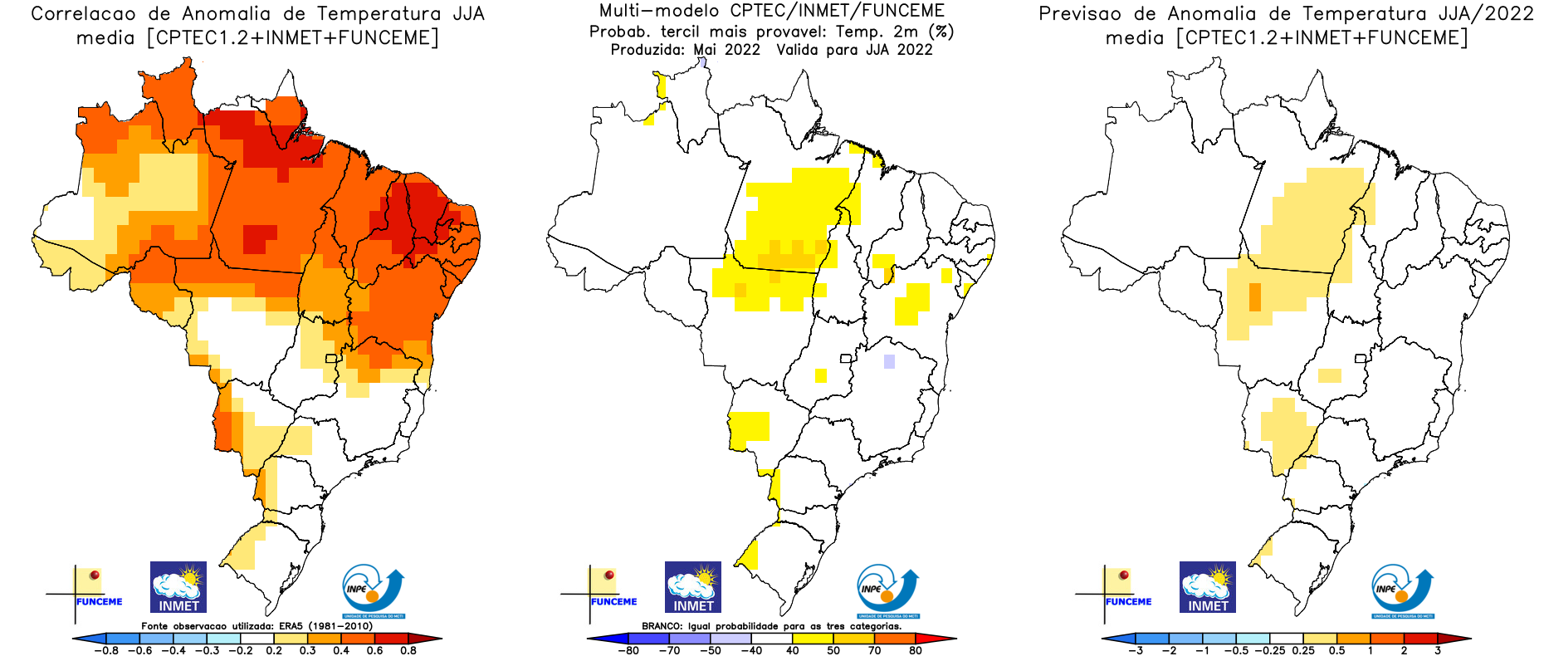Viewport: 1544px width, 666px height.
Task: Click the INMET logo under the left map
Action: tap(178, 587)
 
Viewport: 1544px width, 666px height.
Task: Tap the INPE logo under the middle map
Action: tap(887, 591)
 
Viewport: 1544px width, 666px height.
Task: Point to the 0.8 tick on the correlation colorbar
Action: tap(408, 650)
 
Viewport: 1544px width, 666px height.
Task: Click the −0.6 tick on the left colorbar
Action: tap(140, 650)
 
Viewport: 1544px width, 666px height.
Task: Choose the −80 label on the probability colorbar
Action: tap(628, 650)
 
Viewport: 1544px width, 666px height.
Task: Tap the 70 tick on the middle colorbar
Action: tap(875, 650)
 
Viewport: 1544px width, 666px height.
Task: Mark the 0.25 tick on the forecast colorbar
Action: tap(1303, 650)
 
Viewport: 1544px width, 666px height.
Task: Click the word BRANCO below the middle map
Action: tap(661, 626)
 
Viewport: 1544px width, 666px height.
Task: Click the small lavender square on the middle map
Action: tap(889, 361)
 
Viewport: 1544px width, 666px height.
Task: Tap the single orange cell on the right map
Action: tap(1254, 296)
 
